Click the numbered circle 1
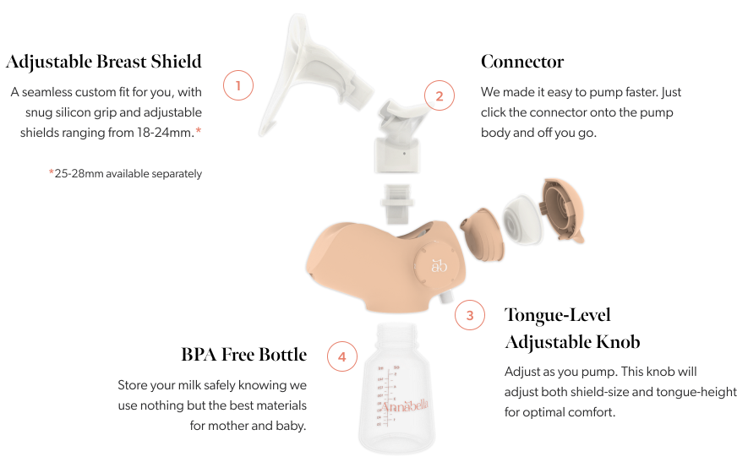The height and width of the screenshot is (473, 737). click(237, 85)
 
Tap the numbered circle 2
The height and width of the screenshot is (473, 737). click(439, 95)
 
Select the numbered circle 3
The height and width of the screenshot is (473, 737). click(470, 315)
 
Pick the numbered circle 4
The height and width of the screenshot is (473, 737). click(341, 356)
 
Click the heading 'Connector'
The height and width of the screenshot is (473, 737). click(522, 62)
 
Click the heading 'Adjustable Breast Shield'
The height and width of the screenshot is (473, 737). click(103, 62)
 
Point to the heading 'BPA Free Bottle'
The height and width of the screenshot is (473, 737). click(244, 354)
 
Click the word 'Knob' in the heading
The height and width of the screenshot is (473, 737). click(618, 342)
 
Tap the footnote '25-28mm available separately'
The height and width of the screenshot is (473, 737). click(128, 174)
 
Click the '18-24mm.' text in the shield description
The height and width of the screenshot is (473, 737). click(165, 133)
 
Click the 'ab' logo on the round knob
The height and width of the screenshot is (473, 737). click(439, 266)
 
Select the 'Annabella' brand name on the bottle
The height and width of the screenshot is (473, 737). click(404, 405)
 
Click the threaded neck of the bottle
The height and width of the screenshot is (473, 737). click(396, 335)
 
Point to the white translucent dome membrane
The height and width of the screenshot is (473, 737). click(522, 220)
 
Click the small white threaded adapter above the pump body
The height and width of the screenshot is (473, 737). click(397, 204)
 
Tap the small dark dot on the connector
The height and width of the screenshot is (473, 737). click(404, 153)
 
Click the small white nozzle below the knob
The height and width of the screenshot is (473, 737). click(445, 298)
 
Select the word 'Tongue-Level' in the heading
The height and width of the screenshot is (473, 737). click(558, 316)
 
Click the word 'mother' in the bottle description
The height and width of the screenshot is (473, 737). click(228, 426)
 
